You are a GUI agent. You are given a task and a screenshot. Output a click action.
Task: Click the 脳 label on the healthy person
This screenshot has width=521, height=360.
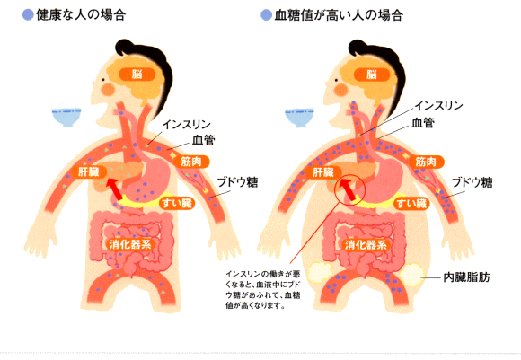137,75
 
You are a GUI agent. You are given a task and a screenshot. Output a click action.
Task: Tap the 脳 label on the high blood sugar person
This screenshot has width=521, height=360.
372,75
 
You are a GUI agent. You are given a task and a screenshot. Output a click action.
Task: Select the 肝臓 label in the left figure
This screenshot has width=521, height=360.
89,172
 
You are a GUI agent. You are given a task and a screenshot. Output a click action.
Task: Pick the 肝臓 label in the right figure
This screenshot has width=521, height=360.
323,172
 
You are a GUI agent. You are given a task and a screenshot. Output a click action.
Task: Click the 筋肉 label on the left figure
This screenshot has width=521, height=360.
191,162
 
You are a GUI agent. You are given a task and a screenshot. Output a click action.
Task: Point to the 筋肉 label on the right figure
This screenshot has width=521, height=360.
426,162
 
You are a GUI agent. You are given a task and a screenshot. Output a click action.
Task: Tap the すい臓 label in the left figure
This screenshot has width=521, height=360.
177,203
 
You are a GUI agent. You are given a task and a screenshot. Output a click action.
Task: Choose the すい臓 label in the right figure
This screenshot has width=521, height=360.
411,203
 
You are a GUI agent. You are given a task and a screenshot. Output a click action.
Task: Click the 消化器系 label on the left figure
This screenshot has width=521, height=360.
130,245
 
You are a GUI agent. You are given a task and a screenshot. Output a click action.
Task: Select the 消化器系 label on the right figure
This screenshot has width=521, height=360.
366,245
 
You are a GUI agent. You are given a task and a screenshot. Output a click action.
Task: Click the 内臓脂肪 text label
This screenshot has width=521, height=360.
466,277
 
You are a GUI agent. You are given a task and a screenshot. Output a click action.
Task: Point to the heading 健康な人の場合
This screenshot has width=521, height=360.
81,15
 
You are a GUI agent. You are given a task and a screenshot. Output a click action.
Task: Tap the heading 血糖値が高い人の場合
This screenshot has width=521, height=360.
339,15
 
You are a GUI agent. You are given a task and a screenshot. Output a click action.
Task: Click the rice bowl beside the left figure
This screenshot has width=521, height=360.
66,118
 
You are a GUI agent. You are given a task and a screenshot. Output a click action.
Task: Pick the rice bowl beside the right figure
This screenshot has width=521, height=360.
299,118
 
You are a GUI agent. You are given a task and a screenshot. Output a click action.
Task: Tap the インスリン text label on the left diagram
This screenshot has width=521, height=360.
187,125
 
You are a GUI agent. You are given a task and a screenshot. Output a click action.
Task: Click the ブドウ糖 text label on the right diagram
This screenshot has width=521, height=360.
472,182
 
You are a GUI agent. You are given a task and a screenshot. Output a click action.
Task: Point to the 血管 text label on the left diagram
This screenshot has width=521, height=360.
203,140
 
